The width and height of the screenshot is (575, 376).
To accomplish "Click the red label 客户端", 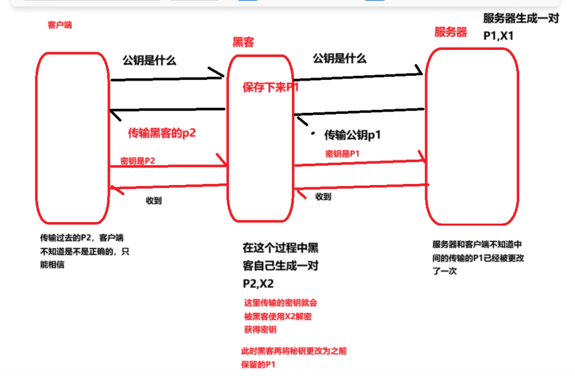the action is pos(59,25).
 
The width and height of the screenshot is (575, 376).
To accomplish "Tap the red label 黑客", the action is pos(244,42).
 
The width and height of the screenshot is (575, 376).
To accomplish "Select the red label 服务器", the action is pos(450,32).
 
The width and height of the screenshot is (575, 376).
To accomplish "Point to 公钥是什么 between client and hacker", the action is pos(149,60).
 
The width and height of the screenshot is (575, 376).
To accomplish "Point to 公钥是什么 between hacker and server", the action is pos(339,58).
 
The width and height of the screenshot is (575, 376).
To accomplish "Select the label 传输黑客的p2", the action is pos(162,133).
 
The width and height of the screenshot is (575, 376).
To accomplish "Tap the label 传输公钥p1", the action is pos(353,135).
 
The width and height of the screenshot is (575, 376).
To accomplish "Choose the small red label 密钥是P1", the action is pos(342,154).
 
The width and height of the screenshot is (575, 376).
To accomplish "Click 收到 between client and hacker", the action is pos(154,200).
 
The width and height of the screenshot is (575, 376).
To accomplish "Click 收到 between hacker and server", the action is pos(323,196).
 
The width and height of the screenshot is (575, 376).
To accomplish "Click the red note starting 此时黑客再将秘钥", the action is pos(294,358).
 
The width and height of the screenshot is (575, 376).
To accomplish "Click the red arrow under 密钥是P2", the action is pos(167,166).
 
